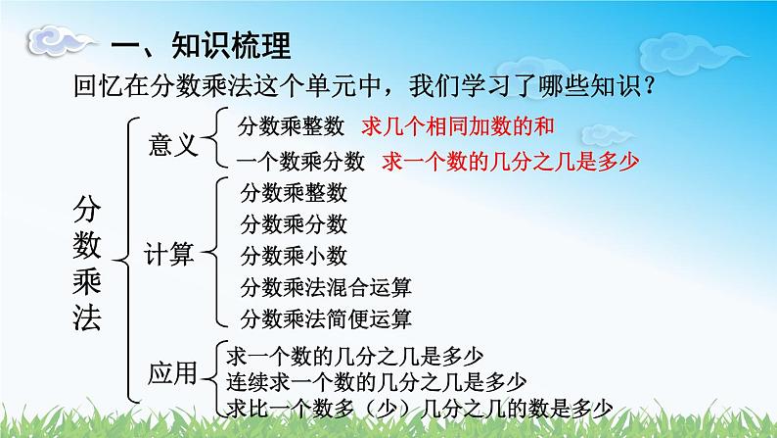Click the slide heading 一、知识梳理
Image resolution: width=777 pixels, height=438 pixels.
(201, 46)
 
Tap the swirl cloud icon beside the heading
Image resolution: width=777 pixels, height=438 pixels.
(60, 41)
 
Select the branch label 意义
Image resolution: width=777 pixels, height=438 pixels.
(173, 145)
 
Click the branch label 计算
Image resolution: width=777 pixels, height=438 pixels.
(168, 254)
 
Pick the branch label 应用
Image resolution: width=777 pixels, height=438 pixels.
(172, 373)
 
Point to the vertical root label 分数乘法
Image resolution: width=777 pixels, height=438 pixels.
(87, 263)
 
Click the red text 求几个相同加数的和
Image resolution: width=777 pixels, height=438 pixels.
(457, 126)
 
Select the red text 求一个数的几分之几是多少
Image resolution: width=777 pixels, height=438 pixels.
(511, 162)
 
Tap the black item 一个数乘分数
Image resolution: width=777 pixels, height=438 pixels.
(300, 162)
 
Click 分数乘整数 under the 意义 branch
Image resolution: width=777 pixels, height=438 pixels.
(291, 126)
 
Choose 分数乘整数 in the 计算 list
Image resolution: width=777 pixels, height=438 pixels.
(294, 193)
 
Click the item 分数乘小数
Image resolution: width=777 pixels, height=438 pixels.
(294, 256)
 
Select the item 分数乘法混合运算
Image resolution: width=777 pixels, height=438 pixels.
(326, 287)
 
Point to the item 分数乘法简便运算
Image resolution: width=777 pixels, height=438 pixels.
(326, 319)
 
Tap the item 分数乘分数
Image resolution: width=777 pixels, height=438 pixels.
(294, 224)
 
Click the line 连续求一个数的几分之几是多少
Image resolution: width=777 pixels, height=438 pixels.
(376, 382)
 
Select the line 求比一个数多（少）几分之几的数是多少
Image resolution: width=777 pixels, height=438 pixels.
(420, 409)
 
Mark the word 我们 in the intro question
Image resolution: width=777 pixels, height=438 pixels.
(434, 86)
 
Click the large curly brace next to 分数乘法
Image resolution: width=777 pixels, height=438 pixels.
(124, 260)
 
